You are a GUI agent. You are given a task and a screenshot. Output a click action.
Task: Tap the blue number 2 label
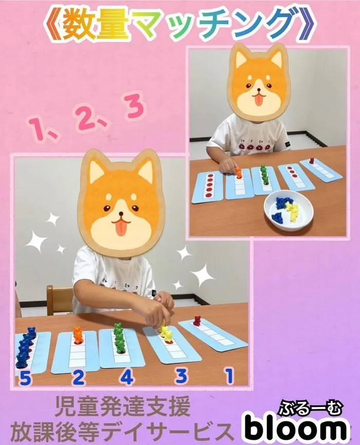pos(78,378)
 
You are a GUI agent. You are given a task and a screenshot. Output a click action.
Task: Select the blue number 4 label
pos(128,377)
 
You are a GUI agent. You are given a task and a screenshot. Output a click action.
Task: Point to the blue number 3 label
pos(181,376)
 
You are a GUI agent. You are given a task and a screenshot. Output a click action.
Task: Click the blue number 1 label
pos(229,376)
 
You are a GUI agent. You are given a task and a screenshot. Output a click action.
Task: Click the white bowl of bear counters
pos(288,210)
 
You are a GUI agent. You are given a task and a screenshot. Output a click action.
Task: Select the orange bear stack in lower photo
pos(78,335)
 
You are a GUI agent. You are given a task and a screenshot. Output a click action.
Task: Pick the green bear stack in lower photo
pos(119,338)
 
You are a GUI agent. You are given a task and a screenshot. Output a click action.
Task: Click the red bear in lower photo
pos(196,320)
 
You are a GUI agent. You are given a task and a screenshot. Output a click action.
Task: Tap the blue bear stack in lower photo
pos(25,348)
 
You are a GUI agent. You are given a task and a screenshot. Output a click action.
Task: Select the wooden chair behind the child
pos(59,300)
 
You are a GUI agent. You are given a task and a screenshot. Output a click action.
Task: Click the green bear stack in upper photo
pos(264,175)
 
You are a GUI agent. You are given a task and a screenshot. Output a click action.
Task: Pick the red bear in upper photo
pos(312,161)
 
